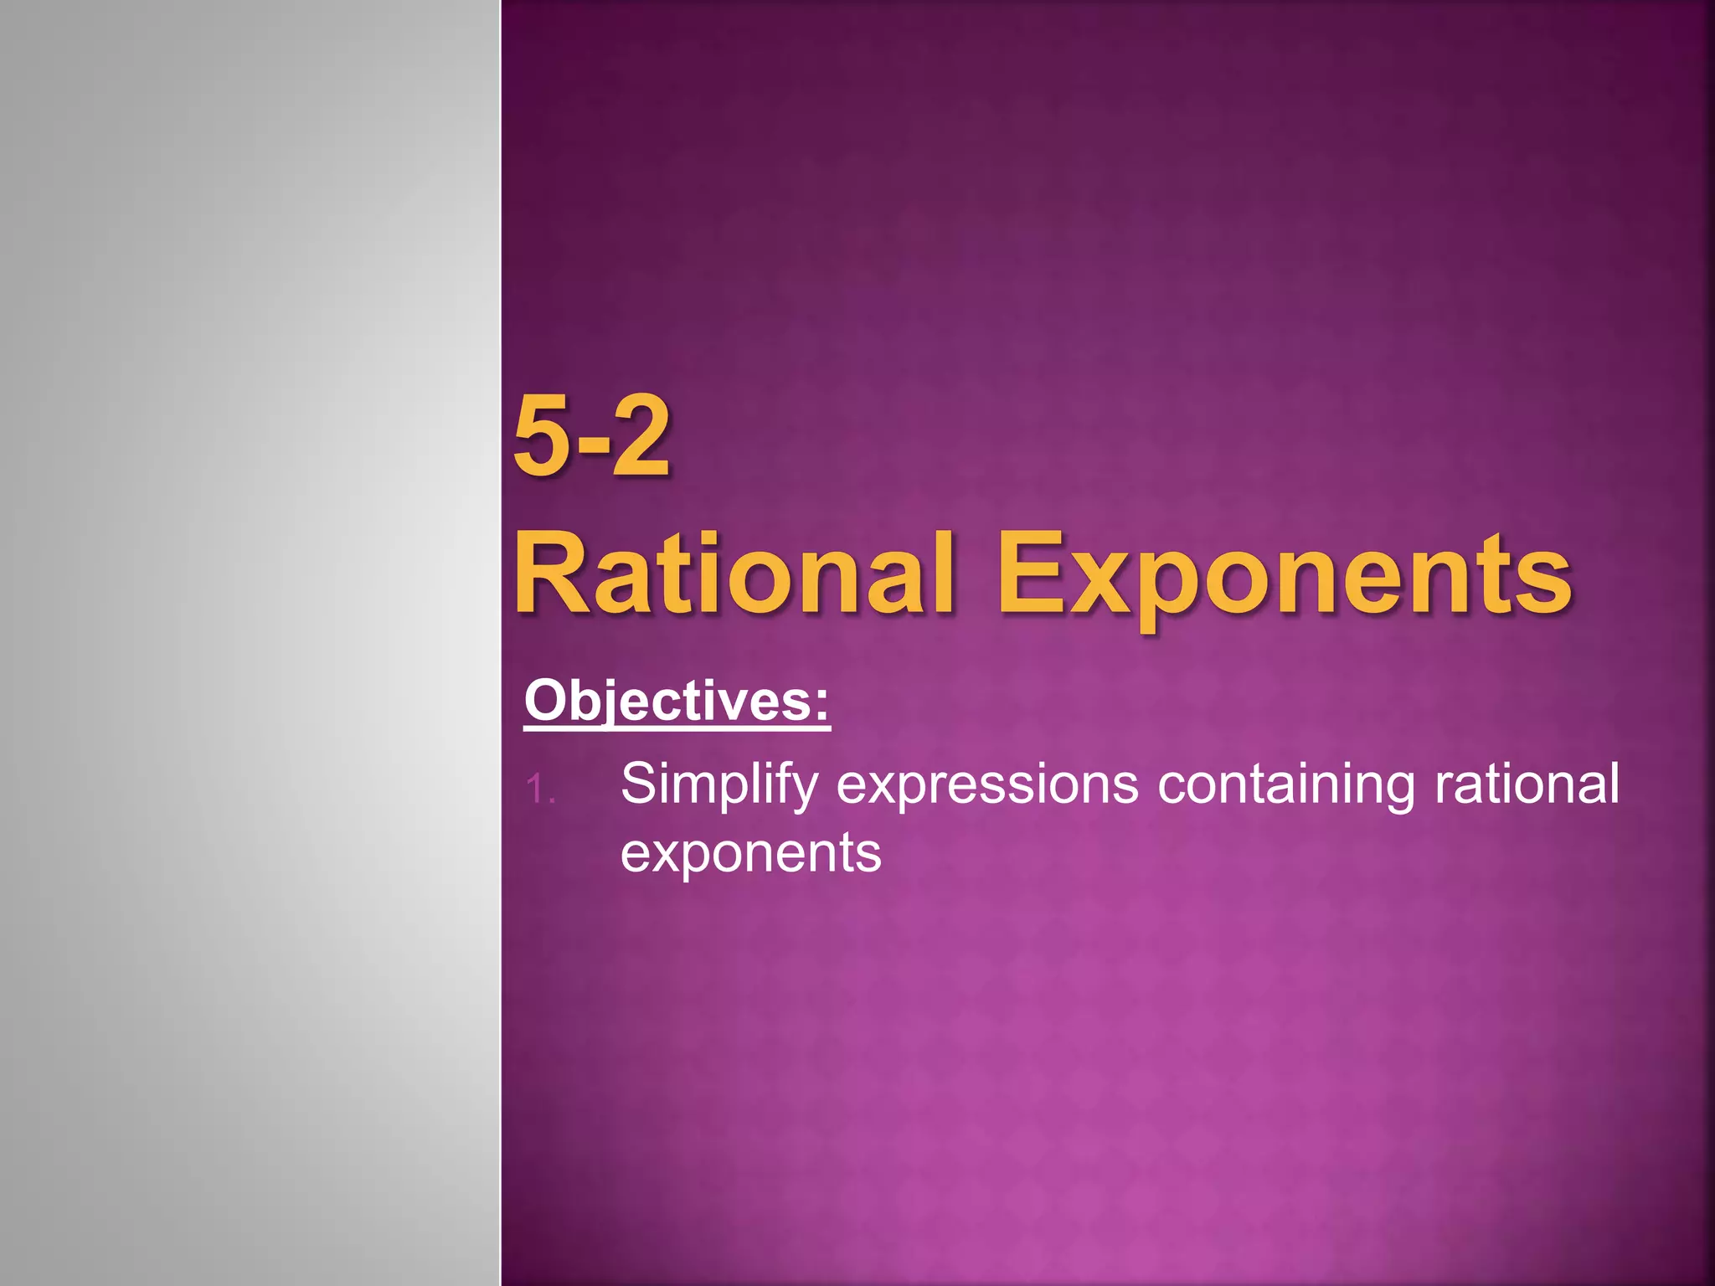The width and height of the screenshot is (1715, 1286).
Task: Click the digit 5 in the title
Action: (x=546, y=437)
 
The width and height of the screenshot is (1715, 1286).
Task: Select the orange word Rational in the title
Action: (x=734, y=574)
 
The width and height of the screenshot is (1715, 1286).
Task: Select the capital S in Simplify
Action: (x=638, y=784)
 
